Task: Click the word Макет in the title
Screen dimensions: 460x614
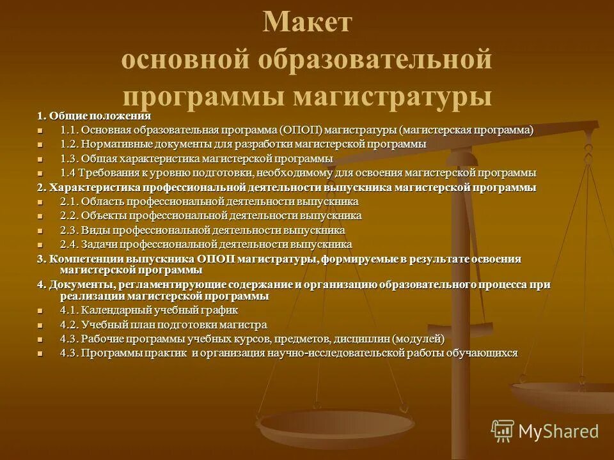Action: click(307, 23)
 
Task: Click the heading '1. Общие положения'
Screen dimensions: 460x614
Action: click(94, 116)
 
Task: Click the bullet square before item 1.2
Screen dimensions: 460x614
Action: click(41, 145)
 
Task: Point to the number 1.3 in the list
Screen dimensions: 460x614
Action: click(69, 158)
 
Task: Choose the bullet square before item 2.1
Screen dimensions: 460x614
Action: click(41, 203)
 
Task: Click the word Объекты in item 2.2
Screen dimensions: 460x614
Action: click(104, 216)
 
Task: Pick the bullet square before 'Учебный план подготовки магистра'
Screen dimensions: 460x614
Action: click(41, 325)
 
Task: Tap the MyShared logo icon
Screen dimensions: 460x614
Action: click(502, 430)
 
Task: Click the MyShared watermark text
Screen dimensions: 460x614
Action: click(559, 431)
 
